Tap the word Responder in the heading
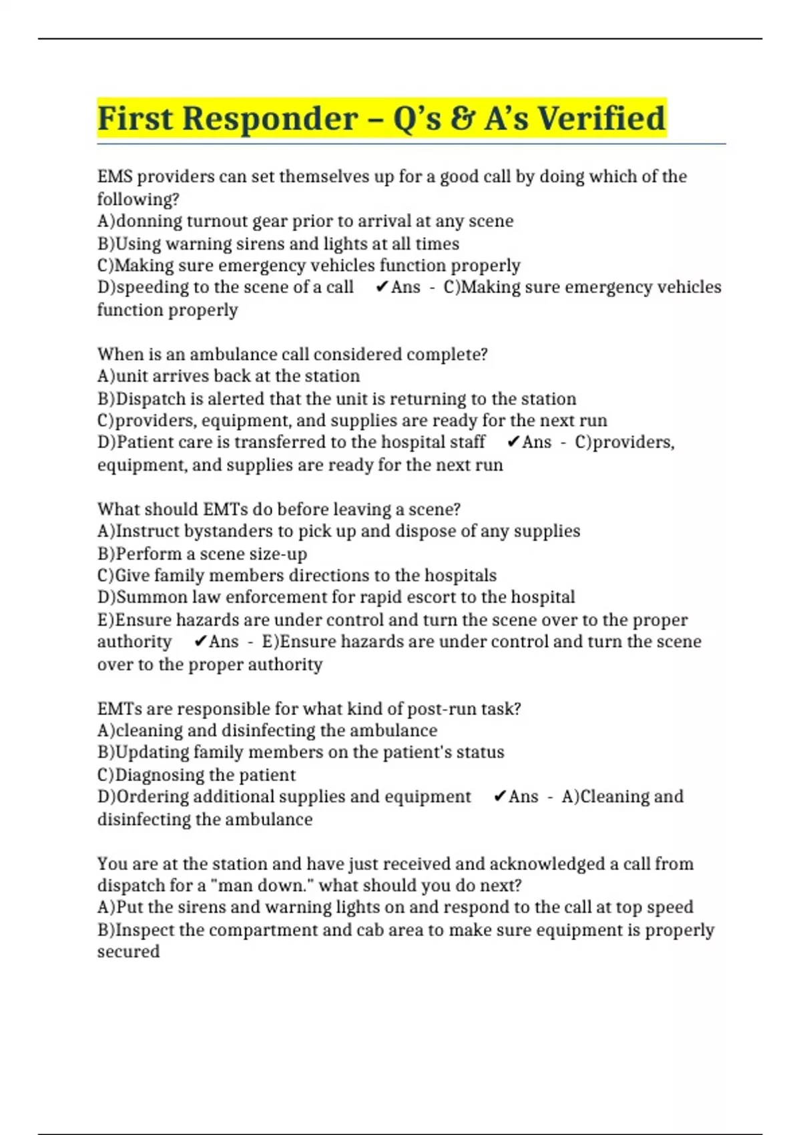click(x=270, y=118)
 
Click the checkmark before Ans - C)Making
click(x=382, y=287)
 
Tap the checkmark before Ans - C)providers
click(x=513, y=442)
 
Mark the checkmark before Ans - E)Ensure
click(x=200, y=642)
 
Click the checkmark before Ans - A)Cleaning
click(x=499, y=797)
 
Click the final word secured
click(x=128, y=952)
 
